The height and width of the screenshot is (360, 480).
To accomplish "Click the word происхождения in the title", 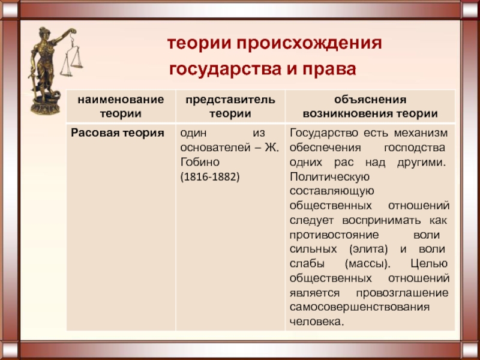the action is point(308,44).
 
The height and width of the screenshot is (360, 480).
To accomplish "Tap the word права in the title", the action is point(329,70).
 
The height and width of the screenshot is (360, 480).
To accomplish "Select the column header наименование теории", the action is point(121,107).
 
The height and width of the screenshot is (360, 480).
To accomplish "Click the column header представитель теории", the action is point(230,107).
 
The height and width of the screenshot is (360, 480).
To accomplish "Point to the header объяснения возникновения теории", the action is point(370,107).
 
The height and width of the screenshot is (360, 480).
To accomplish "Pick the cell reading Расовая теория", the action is point(118,133).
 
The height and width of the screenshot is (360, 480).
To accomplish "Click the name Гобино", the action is point(200,162).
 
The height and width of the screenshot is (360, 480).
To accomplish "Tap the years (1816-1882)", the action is point(210,177).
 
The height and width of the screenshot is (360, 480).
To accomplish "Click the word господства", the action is point(415,148).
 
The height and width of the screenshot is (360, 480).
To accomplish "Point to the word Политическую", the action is point(329,177).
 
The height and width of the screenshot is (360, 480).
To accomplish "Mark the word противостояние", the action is point(334,235).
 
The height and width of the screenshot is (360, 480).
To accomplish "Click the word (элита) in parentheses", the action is point(368,250).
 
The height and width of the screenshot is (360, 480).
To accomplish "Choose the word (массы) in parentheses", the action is point(368,264).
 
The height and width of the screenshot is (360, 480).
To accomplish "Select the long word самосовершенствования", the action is point(359,307).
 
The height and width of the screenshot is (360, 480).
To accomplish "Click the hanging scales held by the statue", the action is point(71,56).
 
